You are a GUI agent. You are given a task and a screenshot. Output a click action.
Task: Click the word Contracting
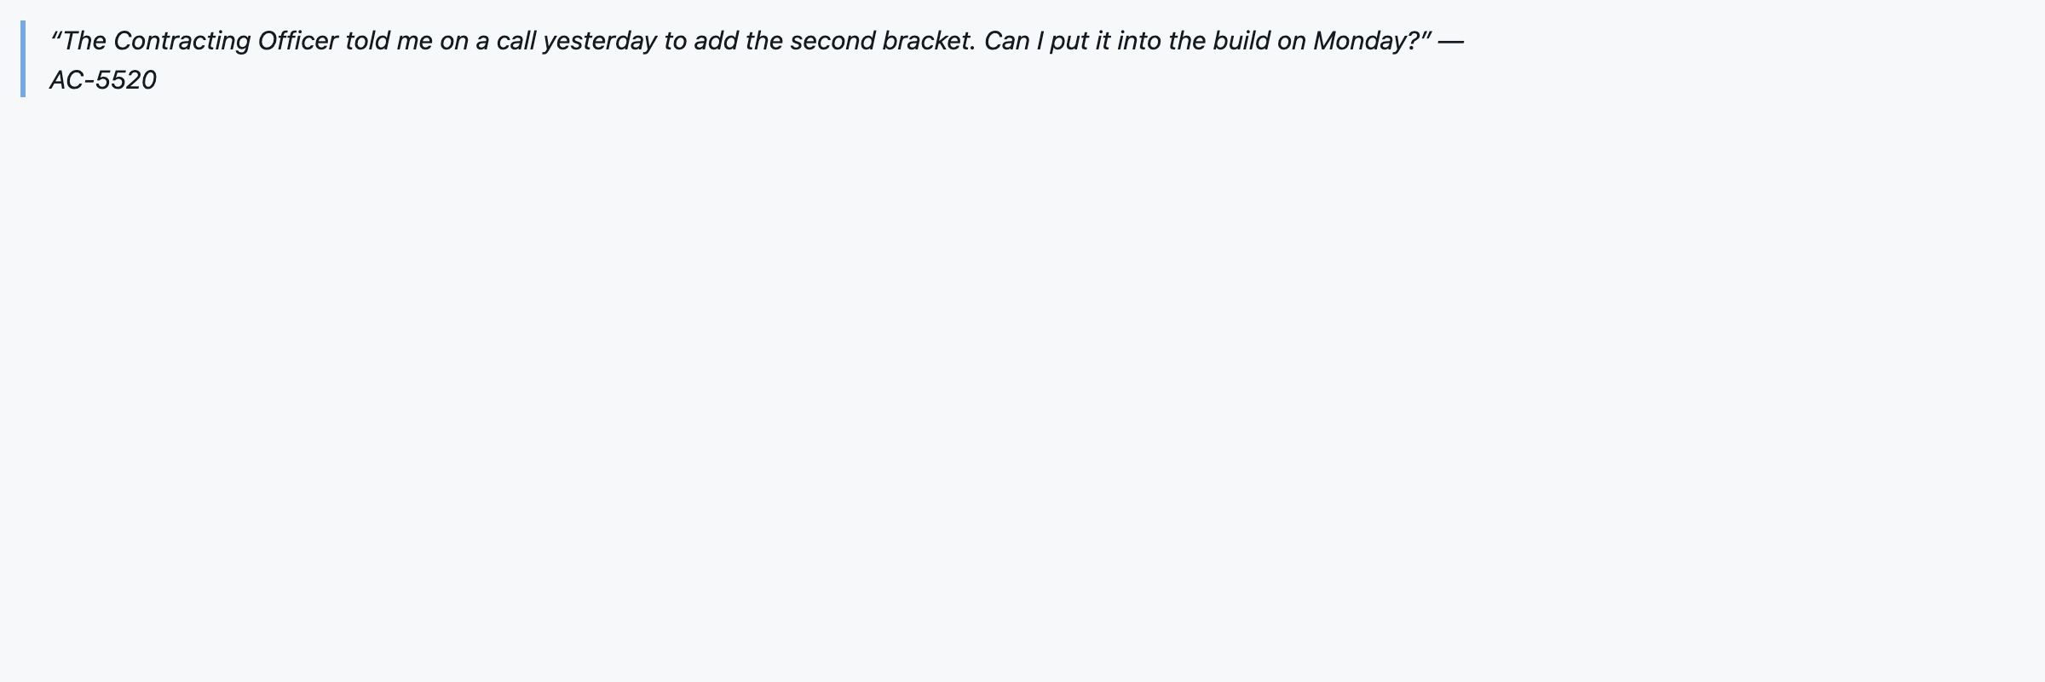click(x=181, y=41)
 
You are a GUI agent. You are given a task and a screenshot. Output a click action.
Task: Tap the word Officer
click(x=297, y=41)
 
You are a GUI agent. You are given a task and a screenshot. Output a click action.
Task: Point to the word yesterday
click(x=600, y=41)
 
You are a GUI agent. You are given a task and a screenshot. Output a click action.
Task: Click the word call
click(x=516, y=41)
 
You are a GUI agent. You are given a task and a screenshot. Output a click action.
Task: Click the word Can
click(x=1007, y=41)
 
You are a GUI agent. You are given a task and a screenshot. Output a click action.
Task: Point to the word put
click(x=1069, y=41)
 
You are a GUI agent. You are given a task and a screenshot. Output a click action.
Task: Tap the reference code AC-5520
click(x=103, y=80)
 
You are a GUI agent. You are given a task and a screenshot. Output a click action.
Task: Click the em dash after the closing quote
click(x=1450, y=41)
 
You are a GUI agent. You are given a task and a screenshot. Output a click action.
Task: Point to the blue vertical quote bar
click(x=23, y=59)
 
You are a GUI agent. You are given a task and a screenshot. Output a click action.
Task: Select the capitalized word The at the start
click(x=84, y=41)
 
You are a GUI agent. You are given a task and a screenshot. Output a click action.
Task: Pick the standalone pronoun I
click(x=1040, y=41)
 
